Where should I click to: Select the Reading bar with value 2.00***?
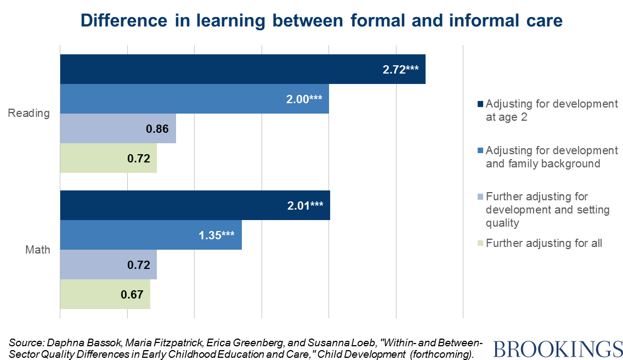tap(194, 99)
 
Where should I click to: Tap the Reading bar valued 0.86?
tap(118, 128)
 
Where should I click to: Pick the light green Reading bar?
tap(108, 158)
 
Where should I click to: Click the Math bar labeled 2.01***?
tap(195, 205)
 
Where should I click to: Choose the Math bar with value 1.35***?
tap(151, 235)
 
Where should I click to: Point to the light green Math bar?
tap(105, 294)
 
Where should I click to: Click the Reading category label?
tap(29, 114)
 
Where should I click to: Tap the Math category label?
tap(38, 250)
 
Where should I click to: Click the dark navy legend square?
tap(480, 104)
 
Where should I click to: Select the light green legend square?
tap(480, 243)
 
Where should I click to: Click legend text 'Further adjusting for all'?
tap(544, 243)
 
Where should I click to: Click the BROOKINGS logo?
tap(558, 349)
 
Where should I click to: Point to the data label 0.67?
tap(132, 295)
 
